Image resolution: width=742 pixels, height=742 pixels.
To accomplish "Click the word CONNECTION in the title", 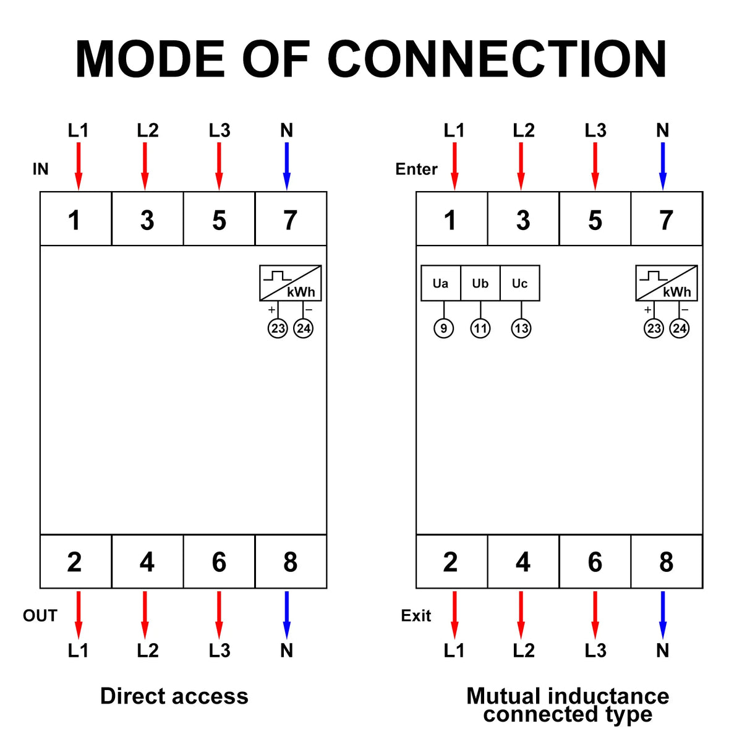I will point(497,59).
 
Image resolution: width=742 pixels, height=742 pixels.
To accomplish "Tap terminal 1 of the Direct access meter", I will point(75,220).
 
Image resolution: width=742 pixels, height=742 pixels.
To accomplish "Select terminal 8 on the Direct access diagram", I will point(290,561).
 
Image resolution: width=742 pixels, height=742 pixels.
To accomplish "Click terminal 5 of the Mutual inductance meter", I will point(595,220).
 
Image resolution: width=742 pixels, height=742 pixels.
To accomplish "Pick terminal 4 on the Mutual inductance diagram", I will point(523,561).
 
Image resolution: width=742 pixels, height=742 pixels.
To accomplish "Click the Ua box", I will point(441,283).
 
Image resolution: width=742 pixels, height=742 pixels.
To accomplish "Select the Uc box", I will point(519,283).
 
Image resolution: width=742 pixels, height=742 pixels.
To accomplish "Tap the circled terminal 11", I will point(480,328).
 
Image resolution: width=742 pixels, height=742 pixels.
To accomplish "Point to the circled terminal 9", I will point(443,328).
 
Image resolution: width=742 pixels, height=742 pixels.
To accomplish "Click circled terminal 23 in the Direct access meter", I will point(278,328).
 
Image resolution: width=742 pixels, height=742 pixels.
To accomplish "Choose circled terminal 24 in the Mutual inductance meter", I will point(679,328).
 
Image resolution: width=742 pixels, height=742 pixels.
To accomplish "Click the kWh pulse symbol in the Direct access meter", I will point(291,283).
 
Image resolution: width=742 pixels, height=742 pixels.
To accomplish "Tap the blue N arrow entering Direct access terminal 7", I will point(286,166).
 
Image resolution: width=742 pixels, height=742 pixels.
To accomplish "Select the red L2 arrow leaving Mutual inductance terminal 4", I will point(521,615).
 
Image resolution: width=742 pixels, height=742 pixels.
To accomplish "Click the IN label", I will point(40,169).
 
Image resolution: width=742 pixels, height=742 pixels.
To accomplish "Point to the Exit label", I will point(416,615).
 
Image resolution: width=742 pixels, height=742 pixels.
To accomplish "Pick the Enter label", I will point(416,169).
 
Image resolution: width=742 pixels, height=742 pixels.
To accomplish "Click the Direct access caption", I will point(174,696).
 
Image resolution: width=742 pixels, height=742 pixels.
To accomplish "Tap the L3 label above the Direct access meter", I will point(219,130).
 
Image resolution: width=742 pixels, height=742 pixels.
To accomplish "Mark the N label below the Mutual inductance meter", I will point(662,650).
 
